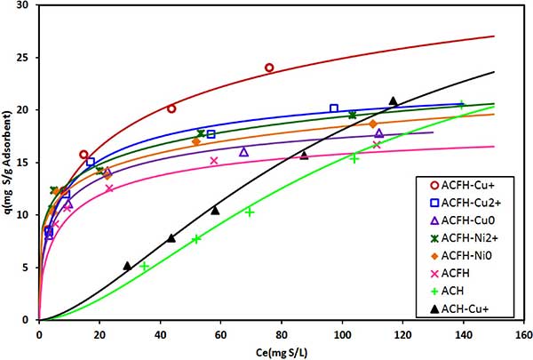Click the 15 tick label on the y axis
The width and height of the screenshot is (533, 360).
click(x=25, y=163)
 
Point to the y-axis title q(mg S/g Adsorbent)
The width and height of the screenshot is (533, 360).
click(x=8, y=162)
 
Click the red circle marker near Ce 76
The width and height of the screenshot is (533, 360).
click(x=269, y=68)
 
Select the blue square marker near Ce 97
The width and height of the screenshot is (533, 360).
click(x=334, y=108)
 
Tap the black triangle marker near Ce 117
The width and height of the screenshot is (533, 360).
click(x=393, y=100)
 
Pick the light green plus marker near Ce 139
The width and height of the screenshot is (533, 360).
click(x=461, y=104)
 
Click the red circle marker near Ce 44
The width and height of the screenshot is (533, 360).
click(x=171, y=108)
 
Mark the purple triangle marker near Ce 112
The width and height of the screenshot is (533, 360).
click(x=379, y=133)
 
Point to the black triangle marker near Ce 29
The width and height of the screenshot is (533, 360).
click(x=127, y=265)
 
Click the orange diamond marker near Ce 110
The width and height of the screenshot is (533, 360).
click(x=373, y=124)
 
